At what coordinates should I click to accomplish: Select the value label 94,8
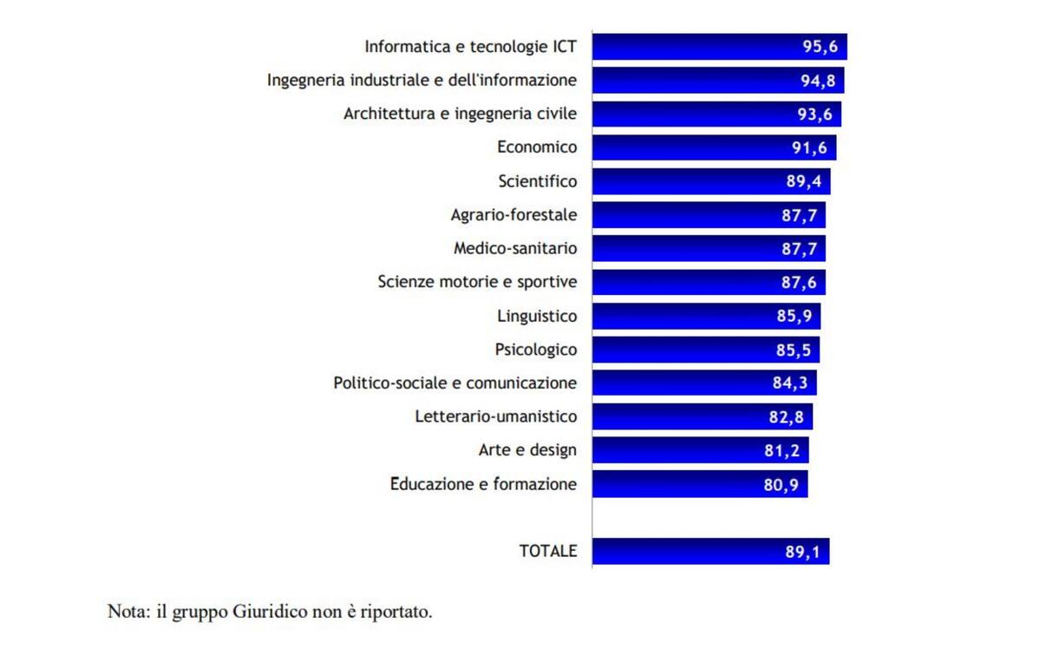[817, 81]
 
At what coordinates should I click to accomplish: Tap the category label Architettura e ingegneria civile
[460, 114]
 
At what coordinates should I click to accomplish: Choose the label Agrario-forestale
[513, 215]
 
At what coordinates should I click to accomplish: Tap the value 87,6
[799, 282]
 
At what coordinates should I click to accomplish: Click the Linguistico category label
[537, 316]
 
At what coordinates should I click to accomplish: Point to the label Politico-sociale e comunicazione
[454, 383]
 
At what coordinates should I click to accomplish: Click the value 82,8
[786, 417]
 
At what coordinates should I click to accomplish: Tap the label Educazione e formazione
[483, 484]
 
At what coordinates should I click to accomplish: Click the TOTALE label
[547, 551]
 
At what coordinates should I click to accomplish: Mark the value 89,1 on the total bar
[802, 552]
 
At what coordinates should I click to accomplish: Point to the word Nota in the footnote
[127, 612]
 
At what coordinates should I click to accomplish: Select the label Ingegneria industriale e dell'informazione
[422, 81]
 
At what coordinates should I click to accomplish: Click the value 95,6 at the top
[820, 47]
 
